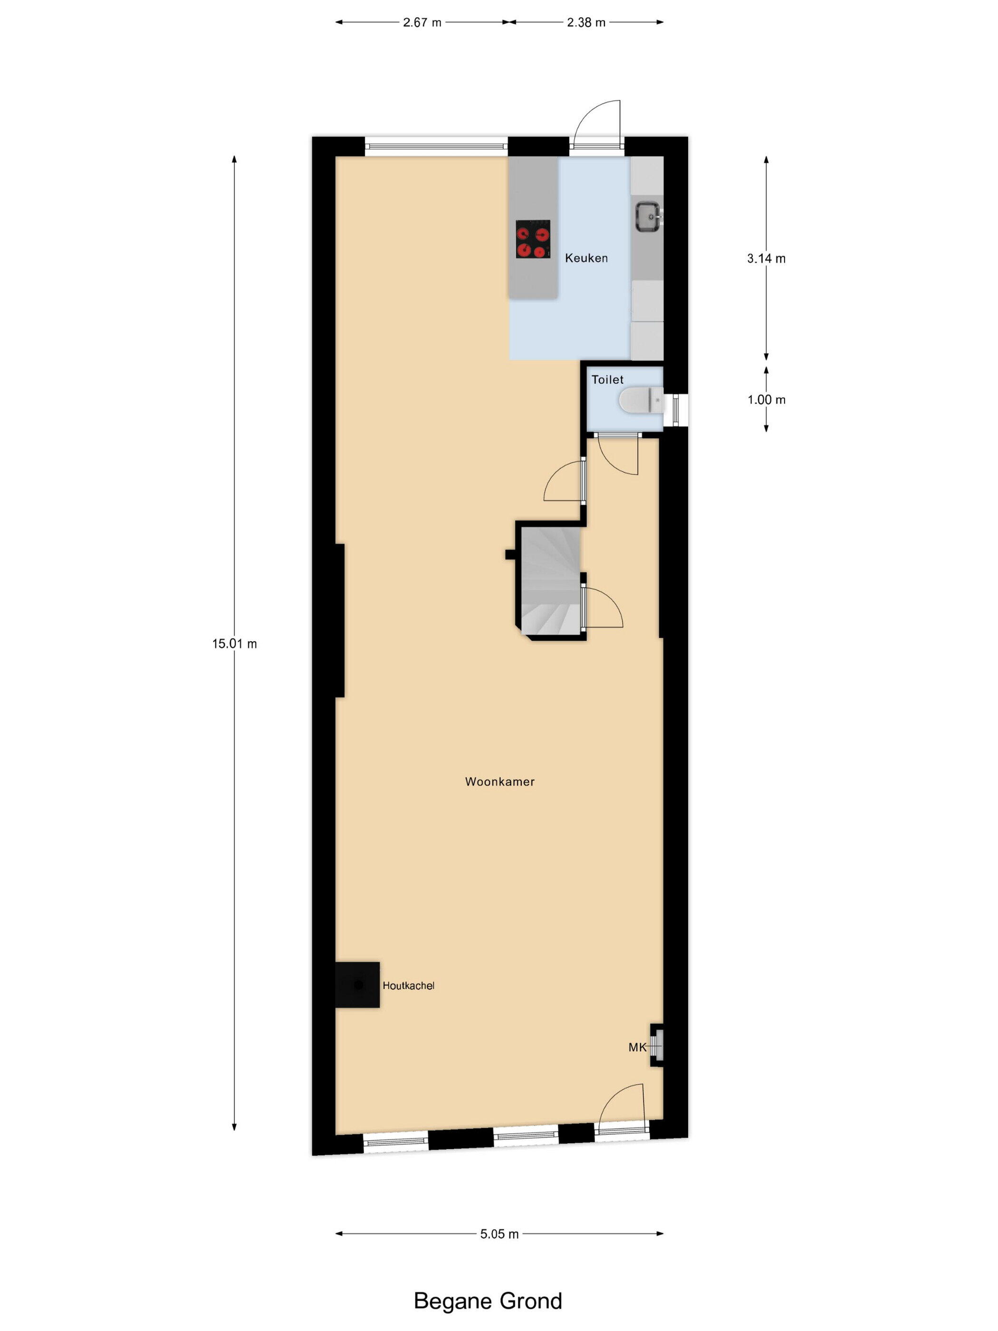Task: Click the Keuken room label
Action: [x=586, y=258]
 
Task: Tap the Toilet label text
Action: [x=607, y=380]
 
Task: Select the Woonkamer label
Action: [x=499, y=781]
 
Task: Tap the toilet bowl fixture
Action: [x=641, y=400]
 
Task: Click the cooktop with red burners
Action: [x=533, y=240]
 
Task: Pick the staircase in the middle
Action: [x=550, y=581]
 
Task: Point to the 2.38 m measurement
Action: [x=586, y=23]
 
